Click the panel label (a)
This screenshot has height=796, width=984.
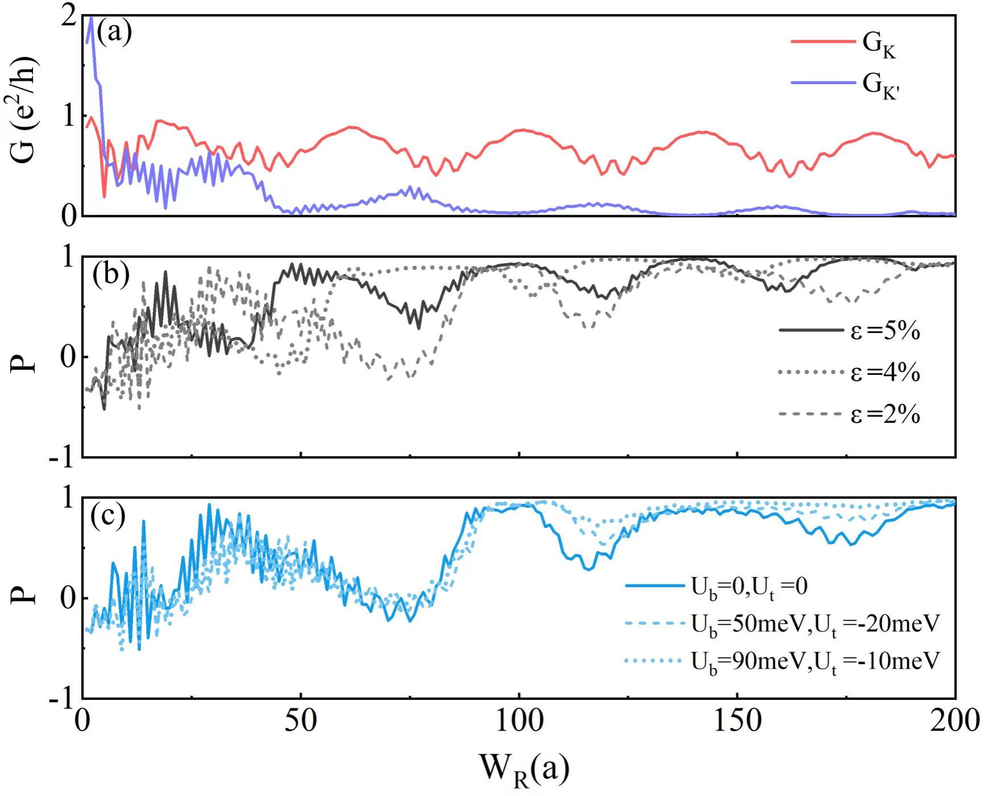click(x=114, y=32)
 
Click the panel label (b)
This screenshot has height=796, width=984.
click(x=111, y=274)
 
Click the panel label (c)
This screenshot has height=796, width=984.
click(x=108, y=517)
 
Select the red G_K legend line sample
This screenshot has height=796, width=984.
click(x=822, y=42)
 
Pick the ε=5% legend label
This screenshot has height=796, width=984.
click(x=885, y=331)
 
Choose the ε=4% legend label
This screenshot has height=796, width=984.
click(x=885, y=373)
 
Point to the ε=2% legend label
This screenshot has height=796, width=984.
click(x=885, y=415)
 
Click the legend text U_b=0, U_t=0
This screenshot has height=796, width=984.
click(x=749, y=587)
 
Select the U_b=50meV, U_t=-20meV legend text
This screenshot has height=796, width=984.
click(x=815, y=624)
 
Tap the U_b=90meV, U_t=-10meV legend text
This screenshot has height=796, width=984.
click(x=815, y=662)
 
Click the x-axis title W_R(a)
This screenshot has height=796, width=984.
click(x=524, y=769)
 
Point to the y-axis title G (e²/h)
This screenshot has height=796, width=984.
click(x=24, y=110)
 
